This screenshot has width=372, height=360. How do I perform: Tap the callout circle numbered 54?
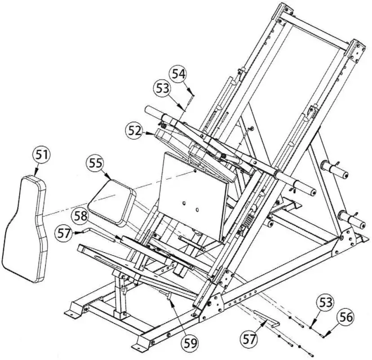point(179,73)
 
